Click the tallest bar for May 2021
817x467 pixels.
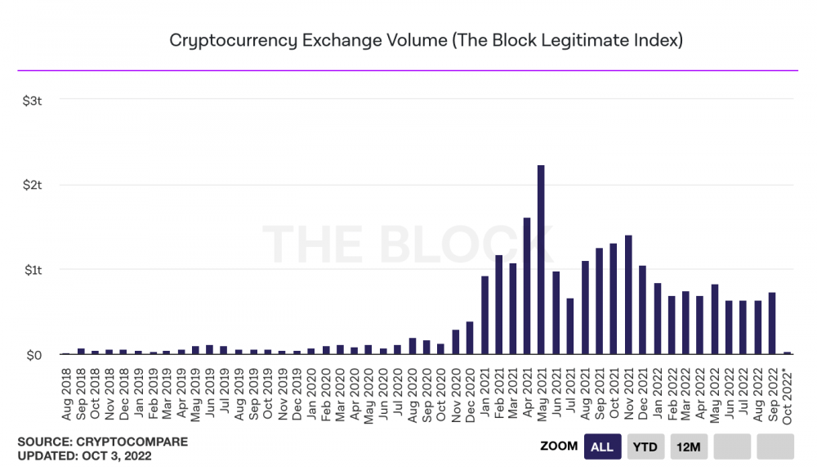[541, 260]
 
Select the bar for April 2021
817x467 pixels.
[527, 286]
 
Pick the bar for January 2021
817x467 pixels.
[484, 315]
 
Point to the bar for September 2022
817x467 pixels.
[772, 323]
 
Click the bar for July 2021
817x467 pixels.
[570, 326]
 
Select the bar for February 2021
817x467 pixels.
[498, 304]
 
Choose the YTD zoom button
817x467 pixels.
[645, 447]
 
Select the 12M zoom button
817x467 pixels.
[689, 447]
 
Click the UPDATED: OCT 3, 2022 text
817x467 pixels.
[84, 455]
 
